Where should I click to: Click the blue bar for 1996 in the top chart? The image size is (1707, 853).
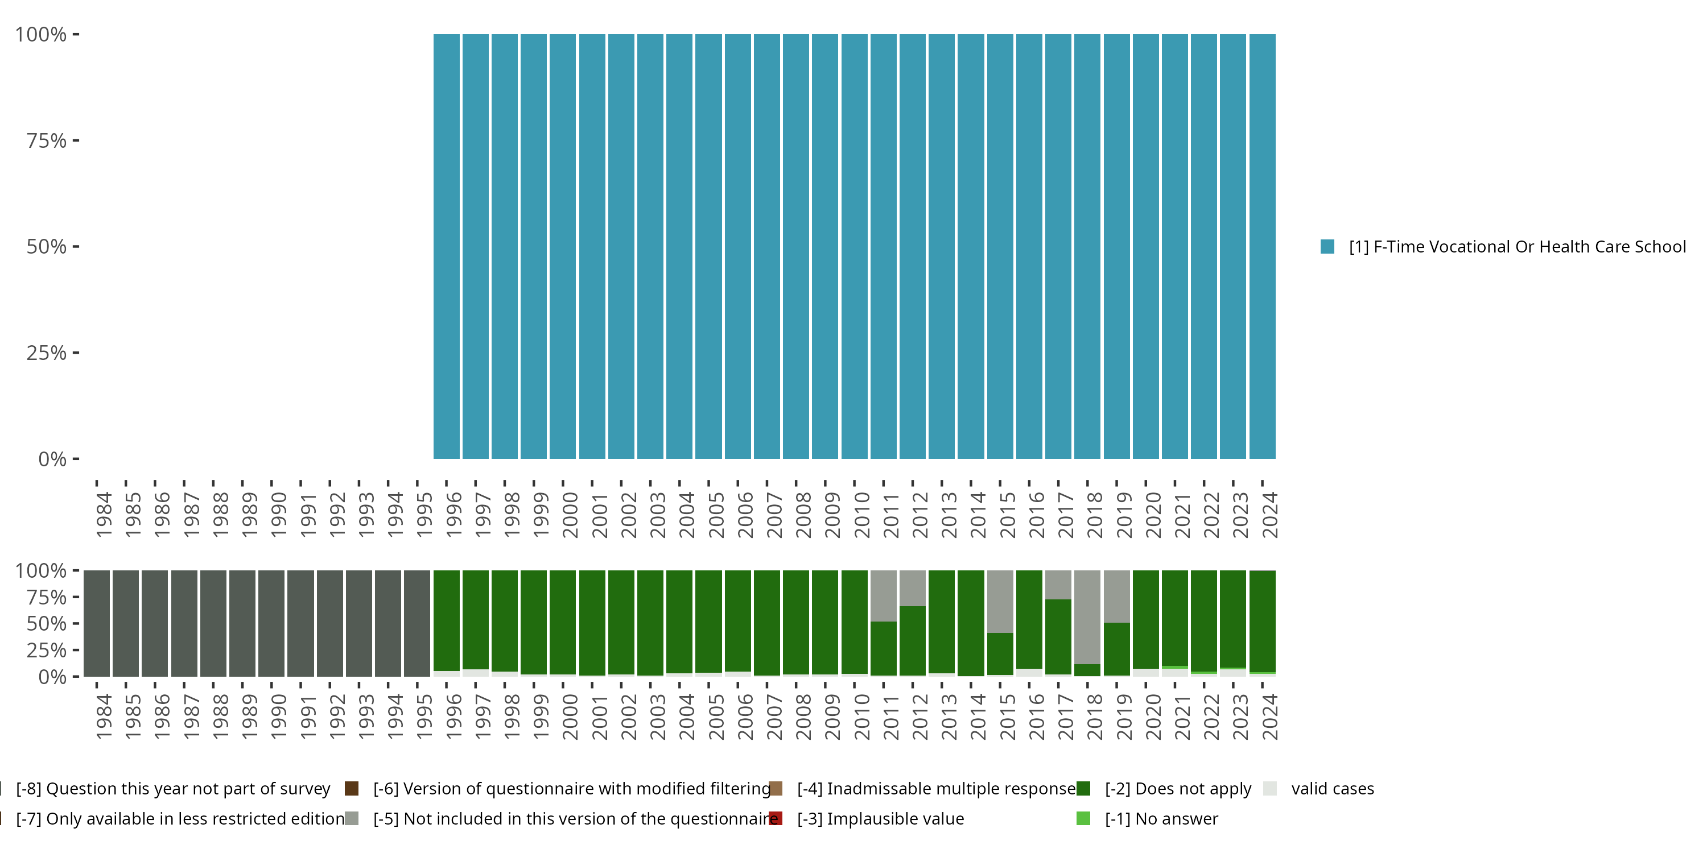(x=447, y=246)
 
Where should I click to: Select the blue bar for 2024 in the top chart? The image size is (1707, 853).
(x=1263, y=246)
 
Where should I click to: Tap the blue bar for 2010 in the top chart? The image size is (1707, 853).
(x=854, y=246)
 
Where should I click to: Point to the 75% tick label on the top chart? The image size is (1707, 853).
(x=47, y=141)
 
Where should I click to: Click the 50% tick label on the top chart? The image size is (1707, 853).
(x=47, y=247)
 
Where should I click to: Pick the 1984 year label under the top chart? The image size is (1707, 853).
(x=104, y=515)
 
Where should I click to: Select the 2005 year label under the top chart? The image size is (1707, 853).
(x=716, y=515)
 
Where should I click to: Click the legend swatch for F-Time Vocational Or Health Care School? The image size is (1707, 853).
(x=1327, y=247)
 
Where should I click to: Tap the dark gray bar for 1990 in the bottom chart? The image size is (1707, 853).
(x=271, y=623)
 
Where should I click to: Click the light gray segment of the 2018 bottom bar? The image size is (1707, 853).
(x=1087, y=616)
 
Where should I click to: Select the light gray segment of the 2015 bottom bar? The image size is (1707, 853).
(x=1000, y=601)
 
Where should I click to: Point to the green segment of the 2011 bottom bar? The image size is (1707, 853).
(x=883, y=648)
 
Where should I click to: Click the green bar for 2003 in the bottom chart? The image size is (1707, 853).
(x=650, y=623)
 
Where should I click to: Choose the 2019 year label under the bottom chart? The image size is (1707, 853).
(x=1124, y=717)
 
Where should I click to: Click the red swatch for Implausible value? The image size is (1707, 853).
(x=776, y=818)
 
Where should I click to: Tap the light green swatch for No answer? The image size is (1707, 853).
(x=1083, y=818)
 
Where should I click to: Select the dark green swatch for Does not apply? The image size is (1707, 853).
(x=1083, y=789)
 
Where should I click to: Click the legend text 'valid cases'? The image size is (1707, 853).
(x=1333, y=789)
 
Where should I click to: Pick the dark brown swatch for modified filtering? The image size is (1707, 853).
(x=352, y=789)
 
